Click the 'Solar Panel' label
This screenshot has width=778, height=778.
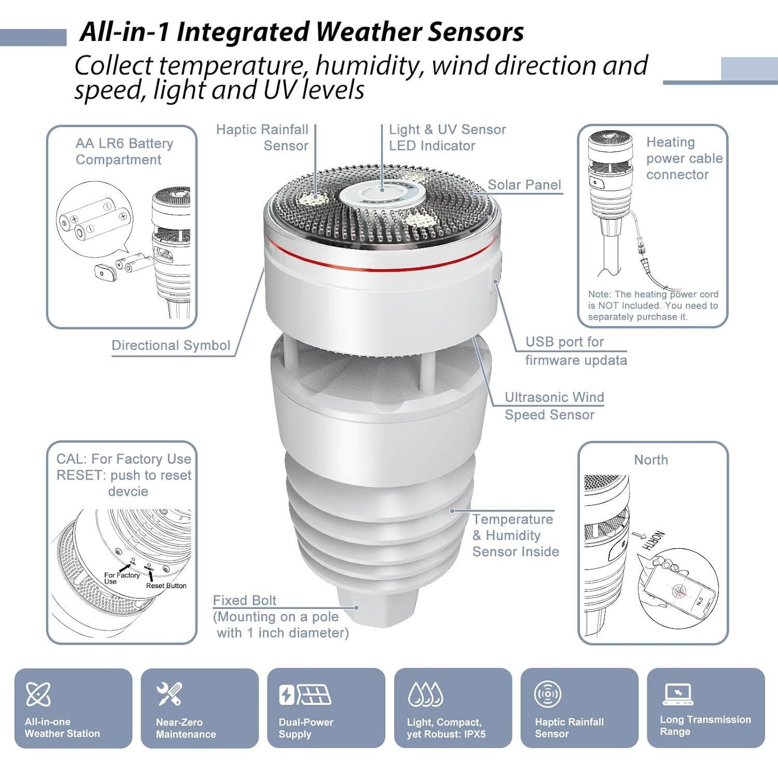coord(524,185)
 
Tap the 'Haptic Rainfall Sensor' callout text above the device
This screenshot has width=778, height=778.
coord(262,137)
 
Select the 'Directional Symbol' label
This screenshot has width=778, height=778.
coord(171,345)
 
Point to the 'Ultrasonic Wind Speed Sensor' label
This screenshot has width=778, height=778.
coord(554,406)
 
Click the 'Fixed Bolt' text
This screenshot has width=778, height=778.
coord(244,600)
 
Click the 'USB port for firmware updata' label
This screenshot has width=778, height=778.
coord(575,351)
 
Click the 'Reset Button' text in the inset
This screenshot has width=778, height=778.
coord(166,586)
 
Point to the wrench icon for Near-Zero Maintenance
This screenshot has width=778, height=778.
coord(169,694)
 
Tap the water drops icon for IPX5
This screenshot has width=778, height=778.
coord(425,694)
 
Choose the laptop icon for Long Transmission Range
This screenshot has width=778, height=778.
coord(677,694)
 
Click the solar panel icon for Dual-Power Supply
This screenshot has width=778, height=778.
coord(305,694)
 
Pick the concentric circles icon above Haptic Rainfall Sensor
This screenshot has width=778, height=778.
coord(548,694)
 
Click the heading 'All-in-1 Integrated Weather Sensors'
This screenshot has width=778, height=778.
coord(301,32)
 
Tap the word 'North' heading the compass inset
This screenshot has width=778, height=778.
coord(651,460)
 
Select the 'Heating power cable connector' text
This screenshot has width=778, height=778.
coord(684,158)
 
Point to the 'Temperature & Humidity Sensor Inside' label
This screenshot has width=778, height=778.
coord(515,535)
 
